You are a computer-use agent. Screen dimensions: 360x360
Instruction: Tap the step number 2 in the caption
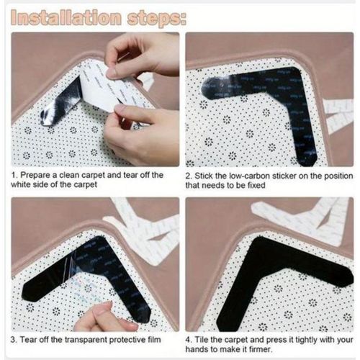[189, 175]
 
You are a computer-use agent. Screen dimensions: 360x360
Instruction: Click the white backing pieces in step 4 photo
[310, 216]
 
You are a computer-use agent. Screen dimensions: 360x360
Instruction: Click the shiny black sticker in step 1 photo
[61, 101]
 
